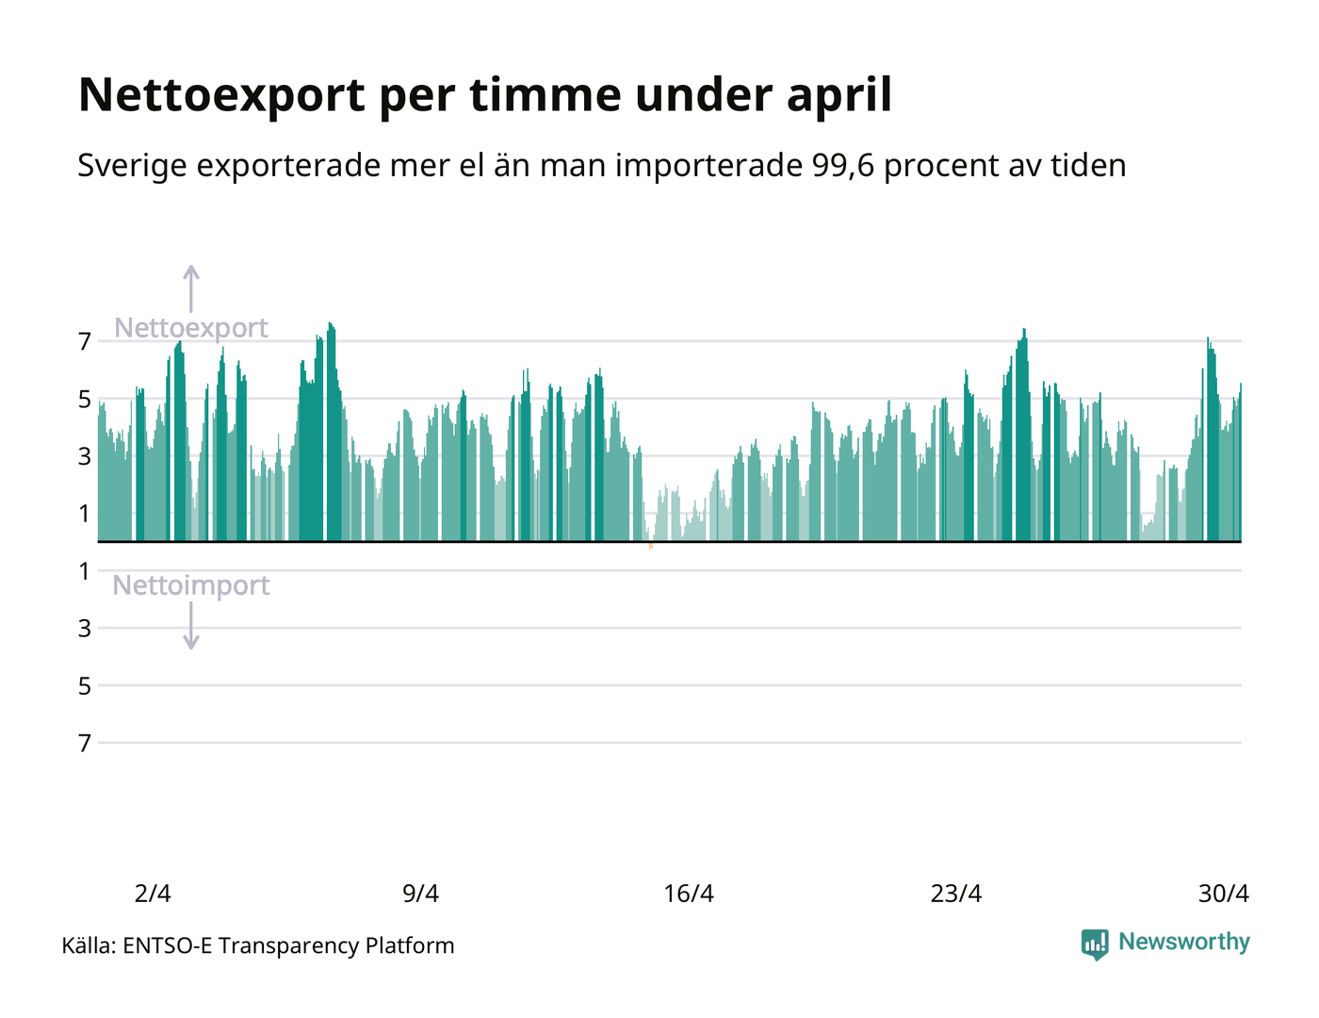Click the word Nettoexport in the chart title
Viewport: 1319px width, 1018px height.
(221, 96)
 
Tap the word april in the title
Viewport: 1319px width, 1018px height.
(839, 96)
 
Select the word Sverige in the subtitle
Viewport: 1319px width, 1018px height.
(132, 166)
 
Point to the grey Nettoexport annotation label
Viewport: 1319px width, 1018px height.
(191, 328)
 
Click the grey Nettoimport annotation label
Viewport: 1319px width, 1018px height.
(191, 585)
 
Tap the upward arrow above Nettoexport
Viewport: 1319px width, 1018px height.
(191, 288)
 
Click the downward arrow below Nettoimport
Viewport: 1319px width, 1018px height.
(191, 626)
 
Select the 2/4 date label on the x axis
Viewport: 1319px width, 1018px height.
(153, 894)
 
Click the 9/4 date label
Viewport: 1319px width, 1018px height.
(420, 894)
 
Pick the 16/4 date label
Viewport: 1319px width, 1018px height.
(689, 894)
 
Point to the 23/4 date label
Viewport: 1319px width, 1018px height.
(956, 894)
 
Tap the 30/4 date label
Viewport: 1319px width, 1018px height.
(1224, 894)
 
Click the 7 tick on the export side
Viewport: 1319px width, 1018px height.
(85, 342)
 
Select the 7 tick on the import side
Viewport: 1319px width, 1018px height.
(85, 743)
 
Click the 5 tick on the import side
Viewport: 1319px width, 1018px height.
(85, 686)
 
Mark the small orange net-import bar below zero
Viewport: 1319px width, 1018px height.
(651, 546)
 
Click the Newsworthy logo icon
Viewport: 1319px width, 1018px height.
(1095, 944)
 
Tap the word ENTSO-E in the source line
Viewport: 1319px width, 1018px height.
(168, 945)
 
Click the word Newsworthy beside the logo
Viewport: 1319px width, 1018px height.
(1184, 942)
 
